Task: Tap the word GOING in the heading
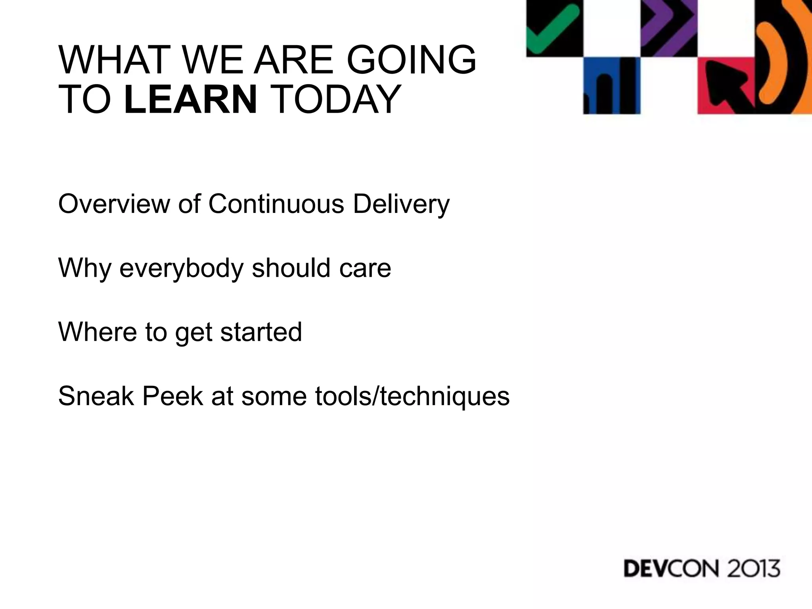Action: tap(411, 60)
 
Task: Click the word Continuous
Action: tap(276, 204)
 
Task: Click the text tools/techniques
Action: tap(412, 396)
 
